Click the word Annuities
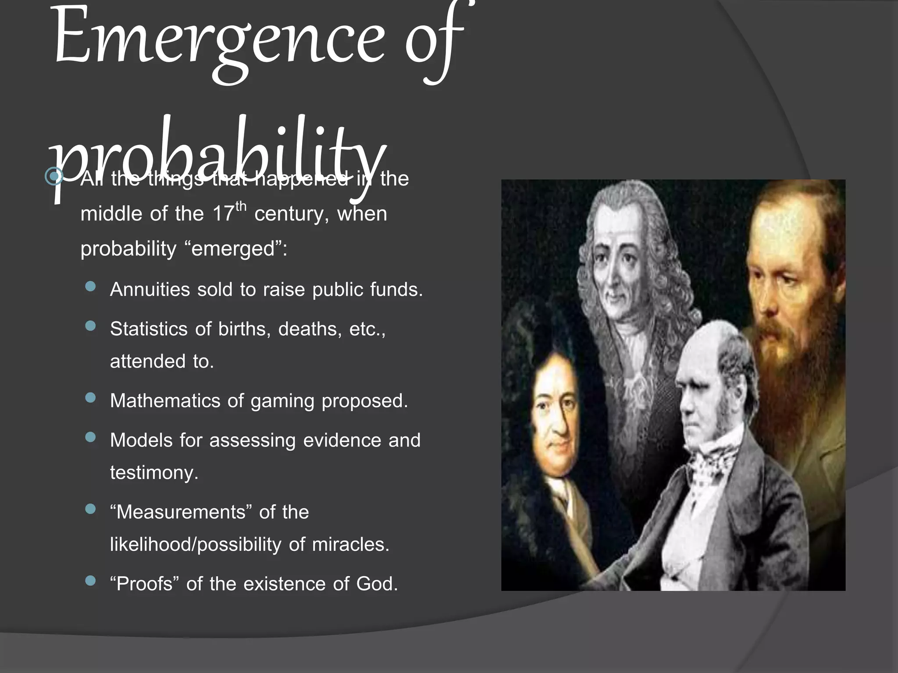click(150, 290)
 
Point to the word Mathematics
click(165, 401)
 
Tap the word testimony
click(154, 473)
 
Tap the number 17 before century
click(223, 214)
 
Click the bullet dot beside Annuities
click(91, 287)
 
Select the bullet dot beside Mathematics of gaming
click(91, 398)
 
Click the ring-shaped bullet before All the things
click(54, 177)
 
